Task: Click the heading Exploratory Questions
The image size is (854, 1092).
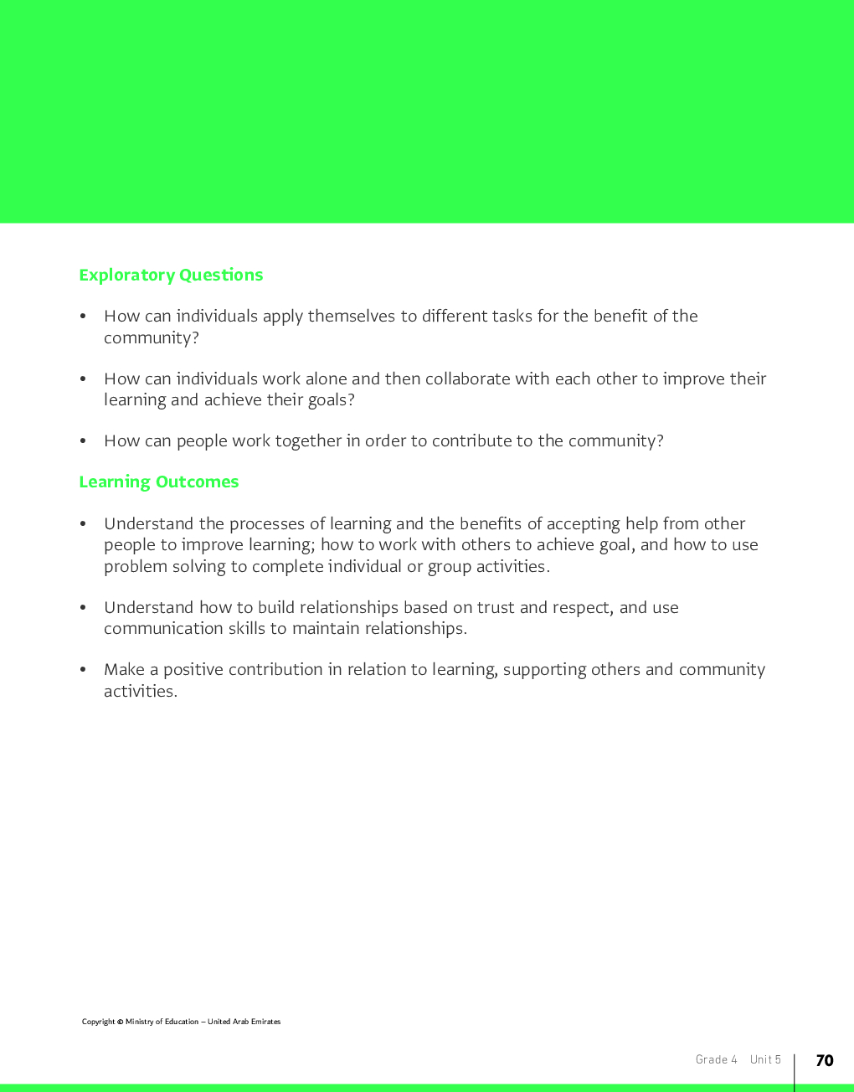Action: (x=171, y=276)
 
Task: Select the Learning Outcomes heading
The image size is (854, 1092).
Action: (x=159, y=482)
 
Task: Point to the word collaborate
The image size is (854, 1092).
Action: (x=468, y=379)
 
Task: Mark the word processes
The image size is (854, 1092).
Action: (x=267, y=524)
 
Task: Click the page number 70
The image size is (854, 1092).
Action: (x=825, y=1060)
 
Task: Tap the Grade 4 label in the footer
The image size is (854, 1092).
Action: (x=717, y=1060)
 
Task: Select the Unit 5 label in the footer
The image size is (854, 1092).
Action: (x=765, y=1060)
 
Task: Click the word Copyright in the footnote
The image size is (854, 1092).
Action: (x=98, y=1022)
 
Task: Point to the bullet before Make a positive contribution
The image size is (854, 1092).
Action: (x=83, y=670)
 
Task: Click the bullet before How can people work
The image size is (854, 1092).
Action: (x=83, y=441)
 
